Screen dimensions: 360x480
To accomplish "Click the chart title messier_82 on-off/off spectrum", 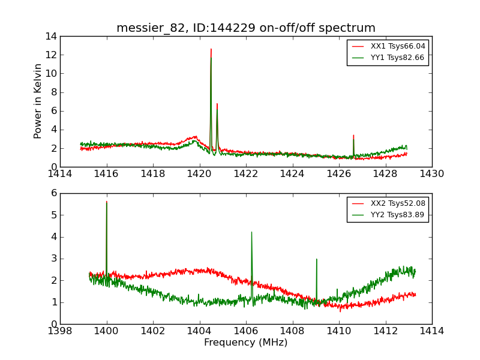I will click(x=246, y=28).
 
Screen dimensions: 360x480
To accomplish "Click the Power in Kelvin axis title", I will click(x=38, y=101).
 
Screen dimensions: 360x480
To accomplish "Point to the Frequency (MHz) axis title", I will click(x=246, y=343).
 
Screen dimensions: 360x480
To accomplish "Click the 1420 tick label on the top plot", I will click(x=199, y=174).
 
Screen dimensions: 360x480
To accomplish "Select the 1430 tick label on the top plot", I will click(x=431, y=174).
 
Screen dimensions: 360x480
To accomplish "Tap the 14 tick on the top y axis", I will click(x=50, y=37).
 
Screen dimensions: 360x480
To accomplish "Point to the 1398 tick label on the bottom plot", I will click(x=60, y=331).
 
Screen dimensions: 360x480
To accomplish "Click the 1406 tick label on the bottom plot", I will click(x=246, y=331).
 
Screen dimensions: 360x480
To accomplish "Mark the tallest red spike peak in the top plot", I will click(x=211, y=49).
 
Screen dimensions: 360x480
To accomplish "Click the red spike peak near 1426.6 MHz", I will click(x=353, y=136).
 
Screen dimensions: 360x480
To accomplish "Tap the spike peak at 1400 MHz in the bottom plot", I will click(x=107, y=202).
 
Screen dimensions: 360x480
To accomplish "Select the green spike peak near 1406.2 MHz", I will click(x=251, y=232).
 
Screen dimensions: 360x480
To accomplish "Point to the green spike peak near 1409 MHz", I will click(x=316, y=259).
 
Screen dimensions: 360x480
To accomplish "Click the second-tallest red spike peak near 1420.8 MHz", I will click(x=217, y=104).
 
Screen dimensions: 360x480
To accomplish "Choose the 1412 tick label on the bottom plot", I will click(x=385, y=331).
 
